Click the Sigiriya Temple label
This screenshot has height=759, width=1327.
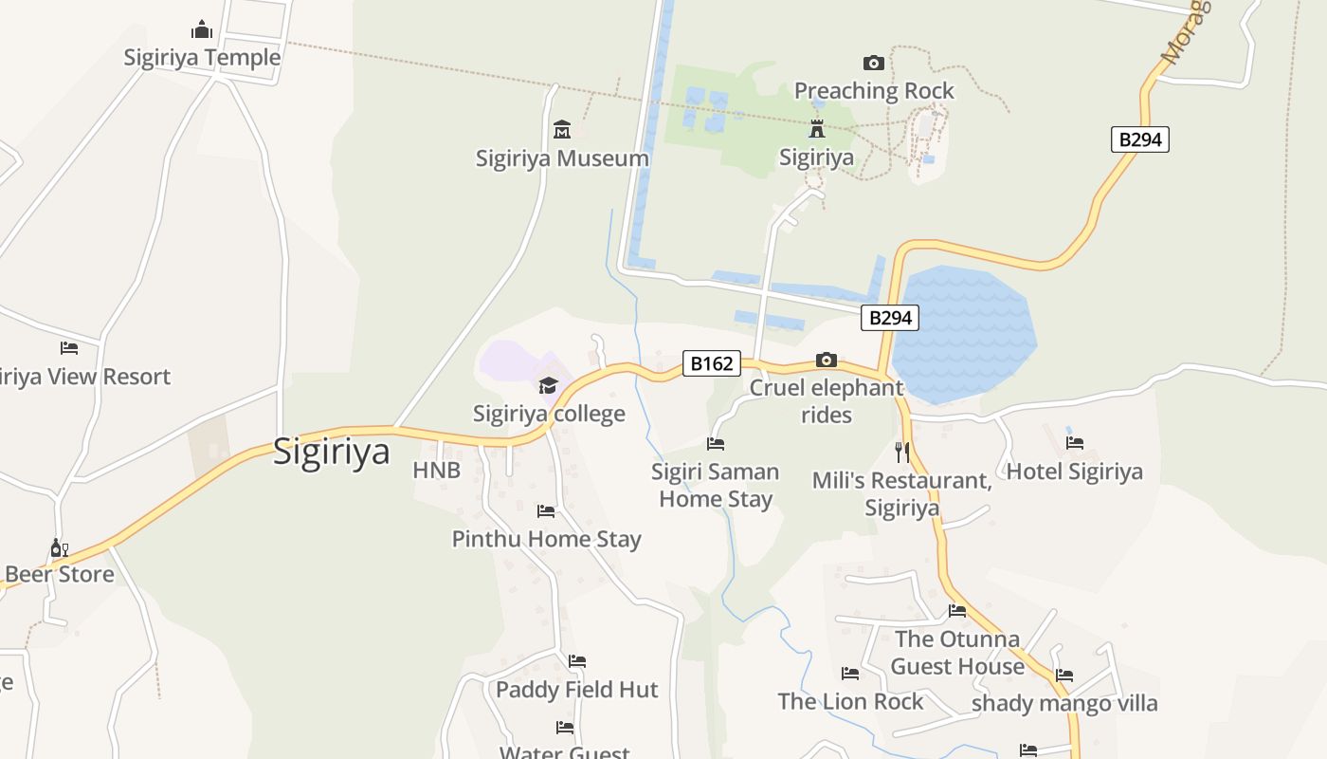(x=202, y=58)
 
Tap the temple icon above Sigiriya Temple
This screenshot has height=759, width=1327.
(x=202, y=29)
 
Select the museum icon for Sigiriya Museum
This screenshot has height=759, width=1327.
(x=562, y=129)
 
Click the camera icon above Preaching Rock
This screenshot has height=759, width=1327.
(x=874, y=63)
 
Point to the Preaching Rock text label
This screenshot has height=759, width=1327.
(x=874, y=91)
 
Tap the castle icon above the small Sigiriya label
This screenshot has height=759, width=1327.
(x=816, y=129)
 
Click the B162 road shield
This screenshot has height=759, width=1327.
(x=711, y=363)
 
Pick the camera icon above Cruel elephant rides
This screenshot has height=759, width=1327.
(x=827, y=360)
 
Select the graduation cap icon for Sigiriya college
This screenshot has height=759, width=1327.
(x=549, y=385)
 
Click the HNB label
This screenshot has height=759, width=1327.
(x=436, y=470)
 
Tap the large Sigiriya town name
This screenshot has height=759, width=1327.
(x=331, y=452)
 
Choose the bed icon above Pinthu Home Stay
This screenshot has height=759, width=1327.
(x=546, y=511)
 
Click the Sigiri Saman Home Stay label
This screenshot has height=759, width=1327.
(x=716, y=485)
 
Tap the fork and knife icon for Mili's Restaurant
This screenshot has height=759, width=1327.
(x=901, y=452)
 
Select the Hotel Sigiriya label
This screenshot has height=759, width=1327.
(x=1074, y=472)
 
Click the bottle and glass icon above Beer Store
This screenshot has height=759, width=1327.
(x=59, y=547)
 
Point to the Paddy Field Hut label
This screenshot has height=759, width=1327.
(x=576, y=690)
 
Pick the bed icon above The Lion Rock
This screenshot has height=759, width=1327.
(x=850, y=674)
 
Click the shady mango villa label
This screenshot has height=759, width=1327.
(x=1064, y=703)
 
